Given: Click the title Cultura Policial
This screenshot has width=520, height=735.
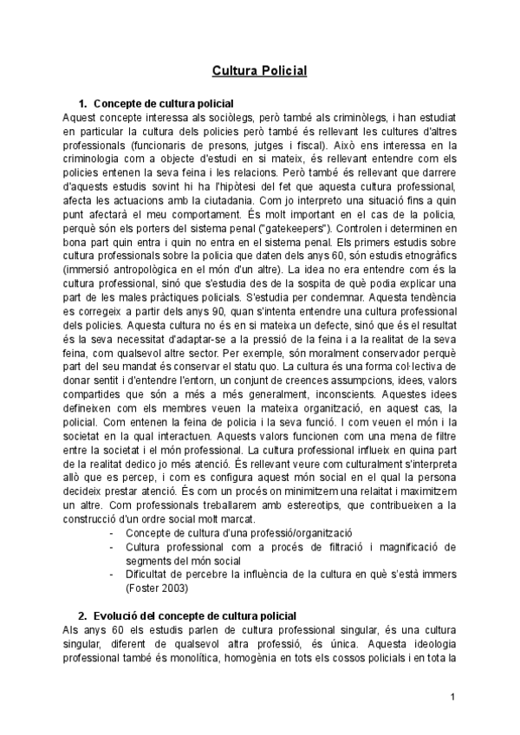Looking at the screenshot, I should click(x=260, y=70).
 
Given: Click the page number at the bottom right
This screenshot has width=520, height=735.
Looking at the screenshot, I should click(x=452, y=696).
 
